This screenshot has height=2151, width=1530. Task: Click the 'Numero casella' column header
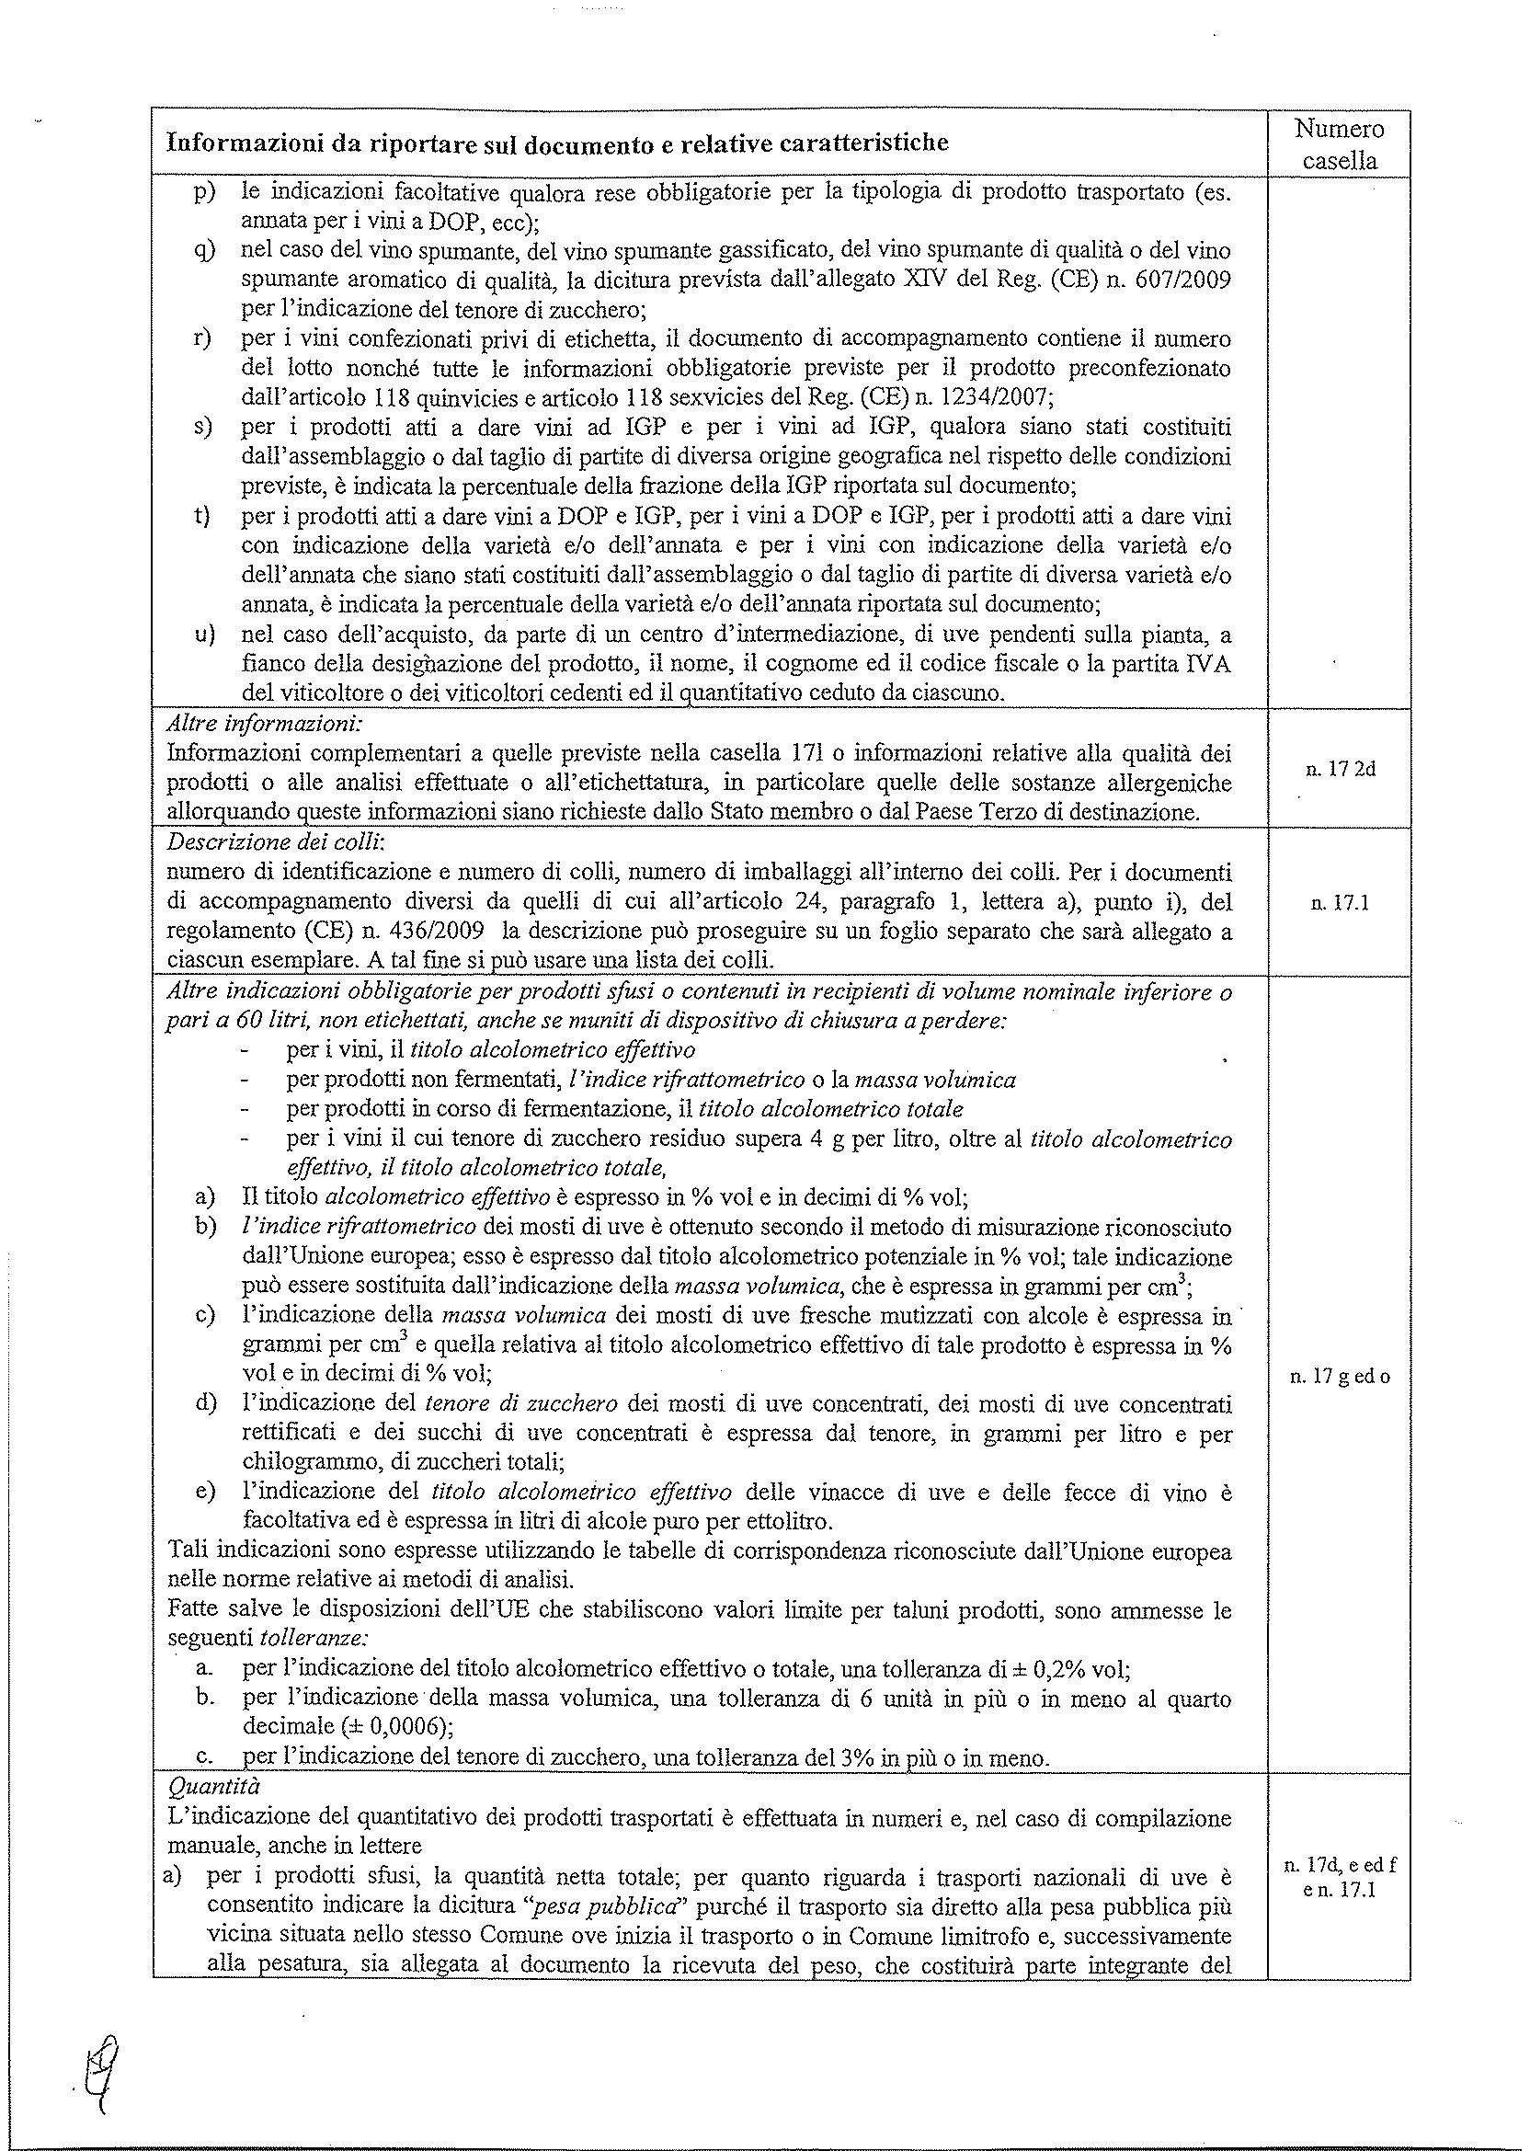click(1338, 144)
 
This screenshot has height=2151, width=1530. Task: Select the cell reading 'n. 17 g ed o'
click(1340, 1377)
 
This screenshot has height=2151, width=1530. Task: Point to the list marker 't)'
click(201, 516)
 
